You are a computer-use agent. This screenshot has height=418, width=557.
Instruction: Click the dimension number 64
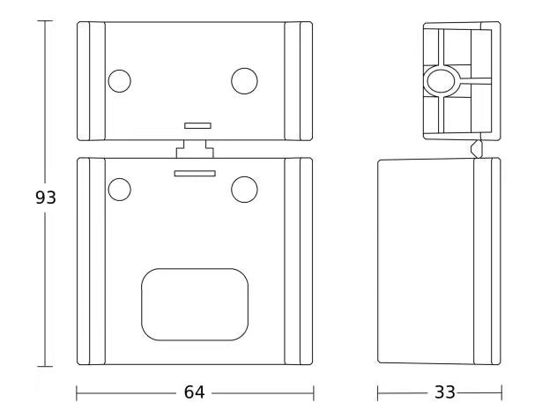click(195, 392)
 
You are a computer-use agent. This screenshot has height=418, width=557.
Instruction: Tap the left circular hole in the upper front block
click(119, 81)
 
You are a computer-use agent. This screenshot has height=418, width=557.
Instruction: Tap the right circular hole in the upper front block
click(244, 81)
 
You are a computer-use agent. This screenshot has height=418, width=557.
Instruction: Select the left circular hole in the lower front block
click(119, 188)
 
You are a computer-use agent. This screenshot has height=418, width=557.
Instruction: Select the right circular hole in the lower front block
click(244, 188)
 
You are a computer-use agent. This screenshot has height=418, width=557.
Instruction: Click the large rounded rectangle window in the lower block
click(195, 305)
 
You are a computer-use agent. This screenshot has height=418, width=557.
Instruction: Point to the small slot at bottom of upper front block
click(197, 126)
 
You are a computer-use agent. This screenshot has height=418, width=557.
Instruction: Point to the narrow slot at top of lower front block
click(195, 174)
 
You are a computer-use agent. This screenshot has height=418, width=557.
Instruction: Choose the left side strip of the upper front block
click(91, 81)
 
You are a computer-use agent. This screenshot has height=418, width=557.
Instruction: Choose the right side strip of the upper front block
click(299, 81)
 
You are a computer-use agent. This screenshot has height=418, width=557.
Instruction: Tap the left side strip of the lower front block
click(91, 261)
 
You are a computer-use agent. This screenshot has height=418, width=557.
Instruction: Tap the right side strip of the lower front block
click(299, 261)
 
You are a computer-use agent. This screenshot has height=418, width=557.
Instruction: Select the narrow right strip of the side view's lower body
click(487, 261)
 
